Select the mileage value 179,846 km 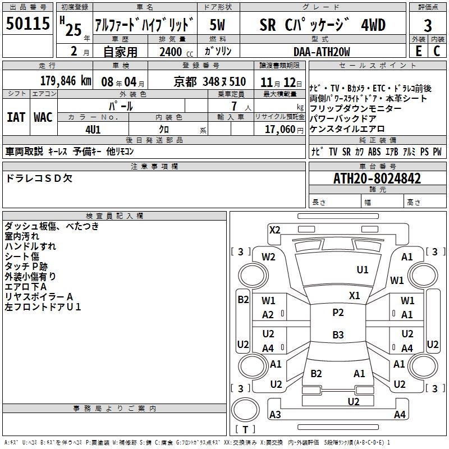(66, 81)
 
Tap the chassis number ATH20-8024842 (377, 178)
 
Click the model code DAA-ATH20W (322, 52)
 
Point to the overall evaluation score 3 (428, 26)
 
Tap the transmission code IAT (16, 117)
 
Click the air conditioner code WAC (43, 117)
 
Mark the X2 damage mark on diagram (274, 230)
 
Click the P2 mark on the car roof (338, 313)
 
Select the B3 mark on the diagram (338, 335)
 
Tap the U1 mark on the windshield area (363, 270)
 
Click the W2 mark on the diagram (268, 257)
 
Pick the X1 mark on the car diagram (354, 295)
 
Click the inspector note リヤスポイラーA (39, 296)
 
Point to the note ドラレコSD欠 (39, 178)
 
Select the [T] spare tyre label (245, 430)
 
